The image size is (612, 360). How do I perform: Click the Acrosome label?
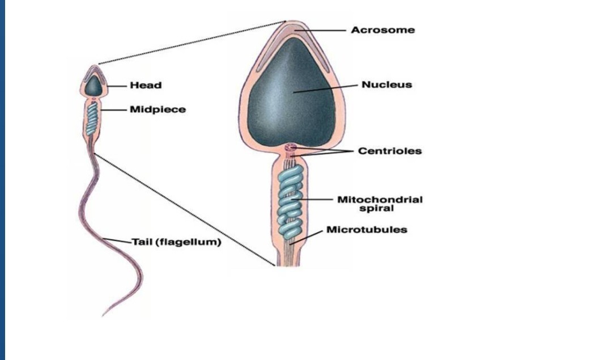(382, 30)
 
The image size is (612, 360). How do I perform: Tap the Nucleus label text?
(387, 85)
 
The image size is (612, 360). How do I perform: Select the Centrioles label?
(390, 151)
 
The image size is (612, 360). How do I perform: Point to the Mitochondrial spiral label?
(380, 204)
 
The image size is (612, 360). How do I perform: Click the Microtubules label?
(367, 230)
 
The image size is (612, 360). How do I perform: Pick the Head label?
(146, 86)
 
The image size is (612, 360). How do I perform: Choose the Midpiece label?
(158, 109)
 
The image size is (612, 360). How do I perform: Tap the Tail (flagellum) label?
(176, 243)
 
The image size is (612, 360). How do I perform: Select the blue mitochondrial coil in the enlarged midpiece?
(291, 201)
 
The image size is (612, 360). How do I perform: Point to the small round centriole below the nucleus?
(291, 149)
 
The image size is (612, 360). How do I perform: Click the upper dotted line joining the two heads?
(193, 43)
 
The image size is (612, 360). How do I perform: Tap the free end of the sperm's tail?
(104, 315)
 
